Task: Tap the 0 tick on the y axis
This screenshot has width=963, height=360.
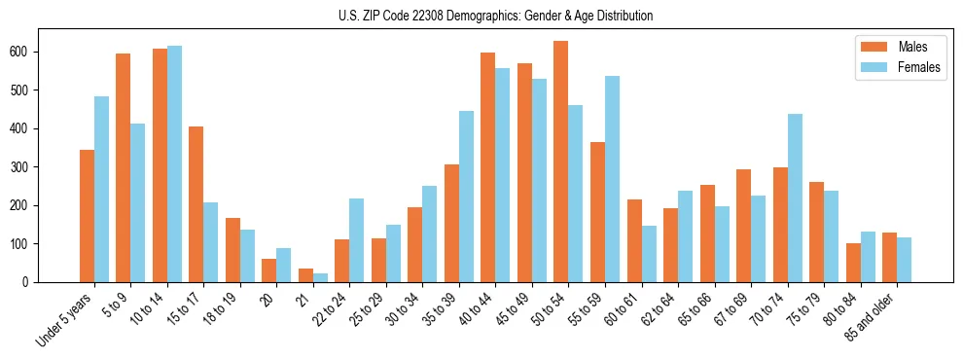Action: pyautogui.click(x=29, y=282)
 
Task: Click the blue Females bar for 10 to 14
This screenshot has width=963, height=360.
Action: pyautogui.click(x=174, y=163)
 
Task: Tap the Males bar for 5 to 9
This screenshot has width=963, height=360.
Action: pyautogui.click(x=124, y=167)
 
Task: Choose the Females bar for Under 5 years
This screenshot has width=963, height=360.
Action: pyautogui.click(x=101, y=189)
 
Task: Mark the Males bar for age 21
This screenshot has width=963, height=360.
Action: pyautogui.click(x=305, y=275)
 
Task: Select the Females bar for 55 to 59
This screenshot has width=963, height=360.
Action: pyautogui.click(x=612, y=179)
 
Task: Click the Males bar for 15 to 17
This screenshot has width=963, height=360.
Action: pyautogui.click(x=196, y=204)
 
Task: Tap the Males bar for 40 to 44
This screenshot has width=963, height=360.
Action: pyautogui.click(x=488, y=167)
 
